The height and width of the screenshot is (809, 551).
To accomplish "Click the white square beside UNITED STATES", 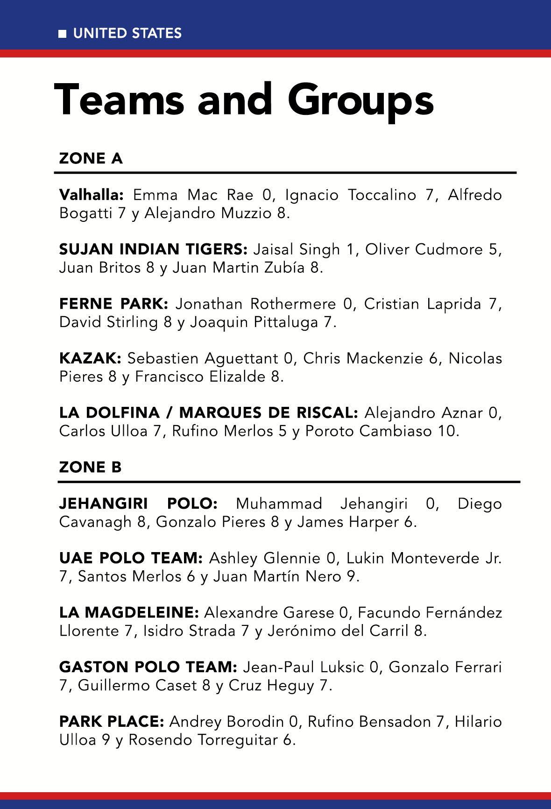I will pos(62,34).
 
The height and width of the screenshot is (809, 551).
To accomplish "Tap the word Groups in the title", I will pos(361,100).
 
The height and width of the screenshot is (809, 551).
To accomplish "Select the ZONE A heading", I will pos(91,159).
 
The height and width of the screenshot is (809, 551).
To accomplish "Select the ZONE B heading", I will pos(90,467).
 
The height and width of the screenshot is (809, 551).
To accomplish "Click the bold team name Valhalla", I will pos(91,194).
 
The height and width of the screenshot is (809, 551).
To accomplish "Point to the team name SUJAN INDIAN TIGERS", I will pos(153,249).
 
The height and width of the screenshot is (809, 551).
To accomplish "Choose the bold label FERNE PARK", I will pos(113,304).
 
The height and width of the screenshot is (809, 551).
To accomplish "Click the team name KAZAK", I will pos(90,359).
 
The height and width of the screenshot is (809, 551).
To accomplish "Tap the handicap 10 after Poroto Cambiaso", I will pos(447,431).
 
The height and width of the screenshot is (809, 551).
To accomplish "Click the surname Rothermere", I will pos(293,304).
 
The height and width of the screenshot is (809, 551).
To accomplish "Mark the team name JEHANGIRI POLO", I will pos(138,504).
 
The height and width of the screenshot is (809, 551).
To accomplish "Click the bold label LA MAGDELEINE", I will pos(129,612).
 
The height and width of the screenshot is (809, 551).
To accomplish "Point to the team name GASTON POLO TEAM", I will pos(148,667).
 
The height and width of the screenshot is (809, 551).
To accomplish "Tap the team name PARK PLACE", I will pos(112,722).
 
